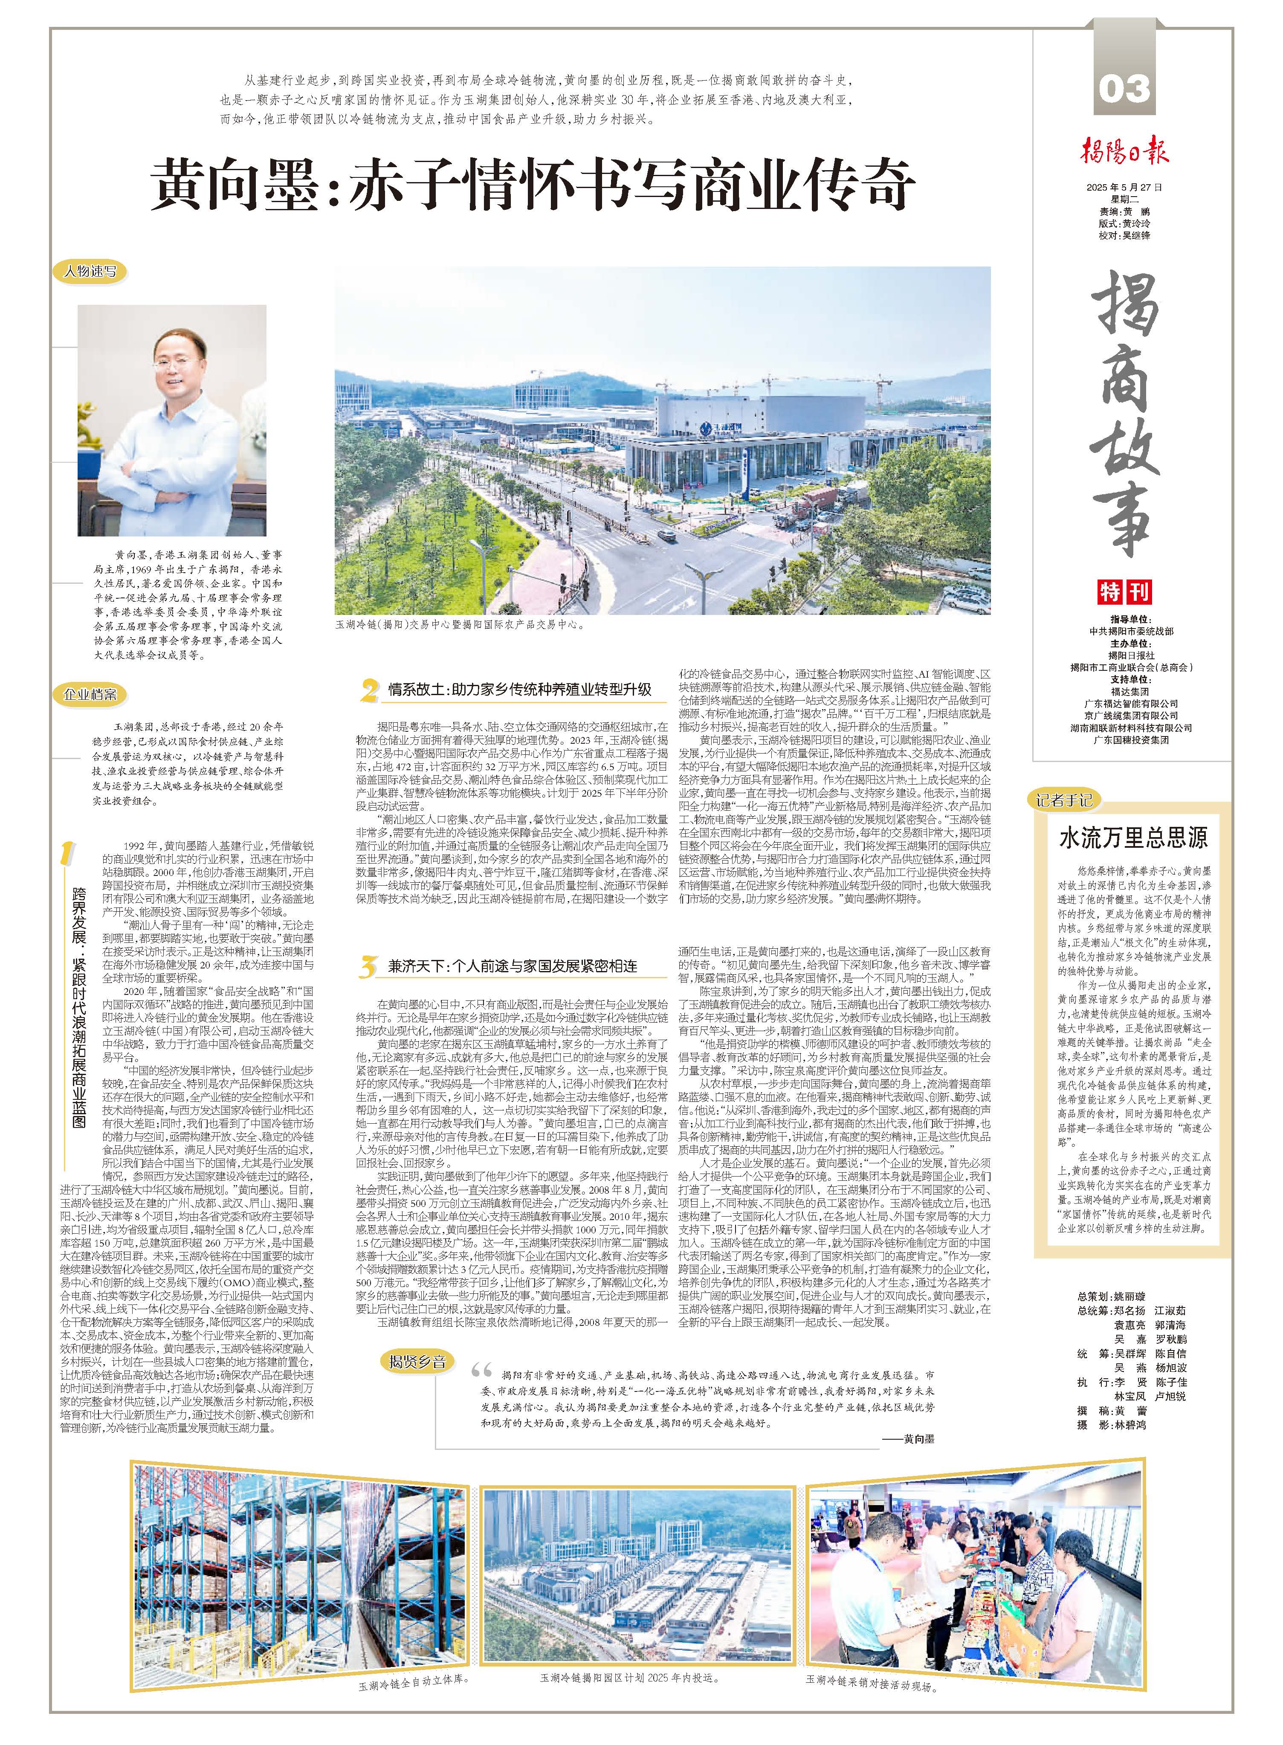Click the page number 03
click(x=1124, y=89)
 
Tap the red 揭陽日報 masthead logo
click(x=1125, y=151)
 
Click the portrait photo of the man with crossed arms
click(x=172, y=420)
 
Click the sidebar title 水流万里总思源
click(x=1133, y=838)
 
